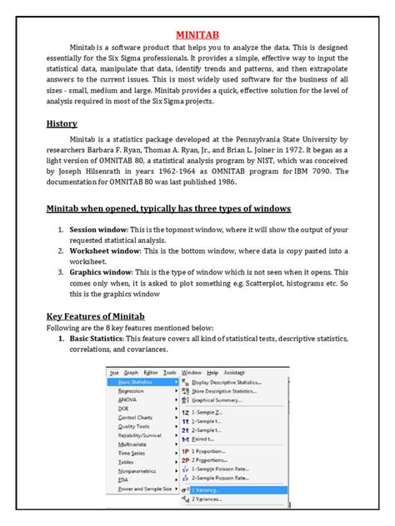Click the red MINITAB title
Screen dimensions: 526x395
click(x=197, y=36)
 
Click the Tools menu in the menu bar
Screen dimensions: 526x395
click(x=170, y=372)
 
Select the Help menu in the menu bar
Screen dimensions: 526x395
click(x=212, y=372)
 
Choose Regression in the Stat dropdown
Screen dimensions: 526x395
click(x=131, y=390)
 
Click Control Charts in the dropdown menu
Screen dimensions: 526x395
click(x=135, y=417)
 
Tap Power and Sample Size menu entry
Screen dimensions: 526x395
click(x=144, y=489)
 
